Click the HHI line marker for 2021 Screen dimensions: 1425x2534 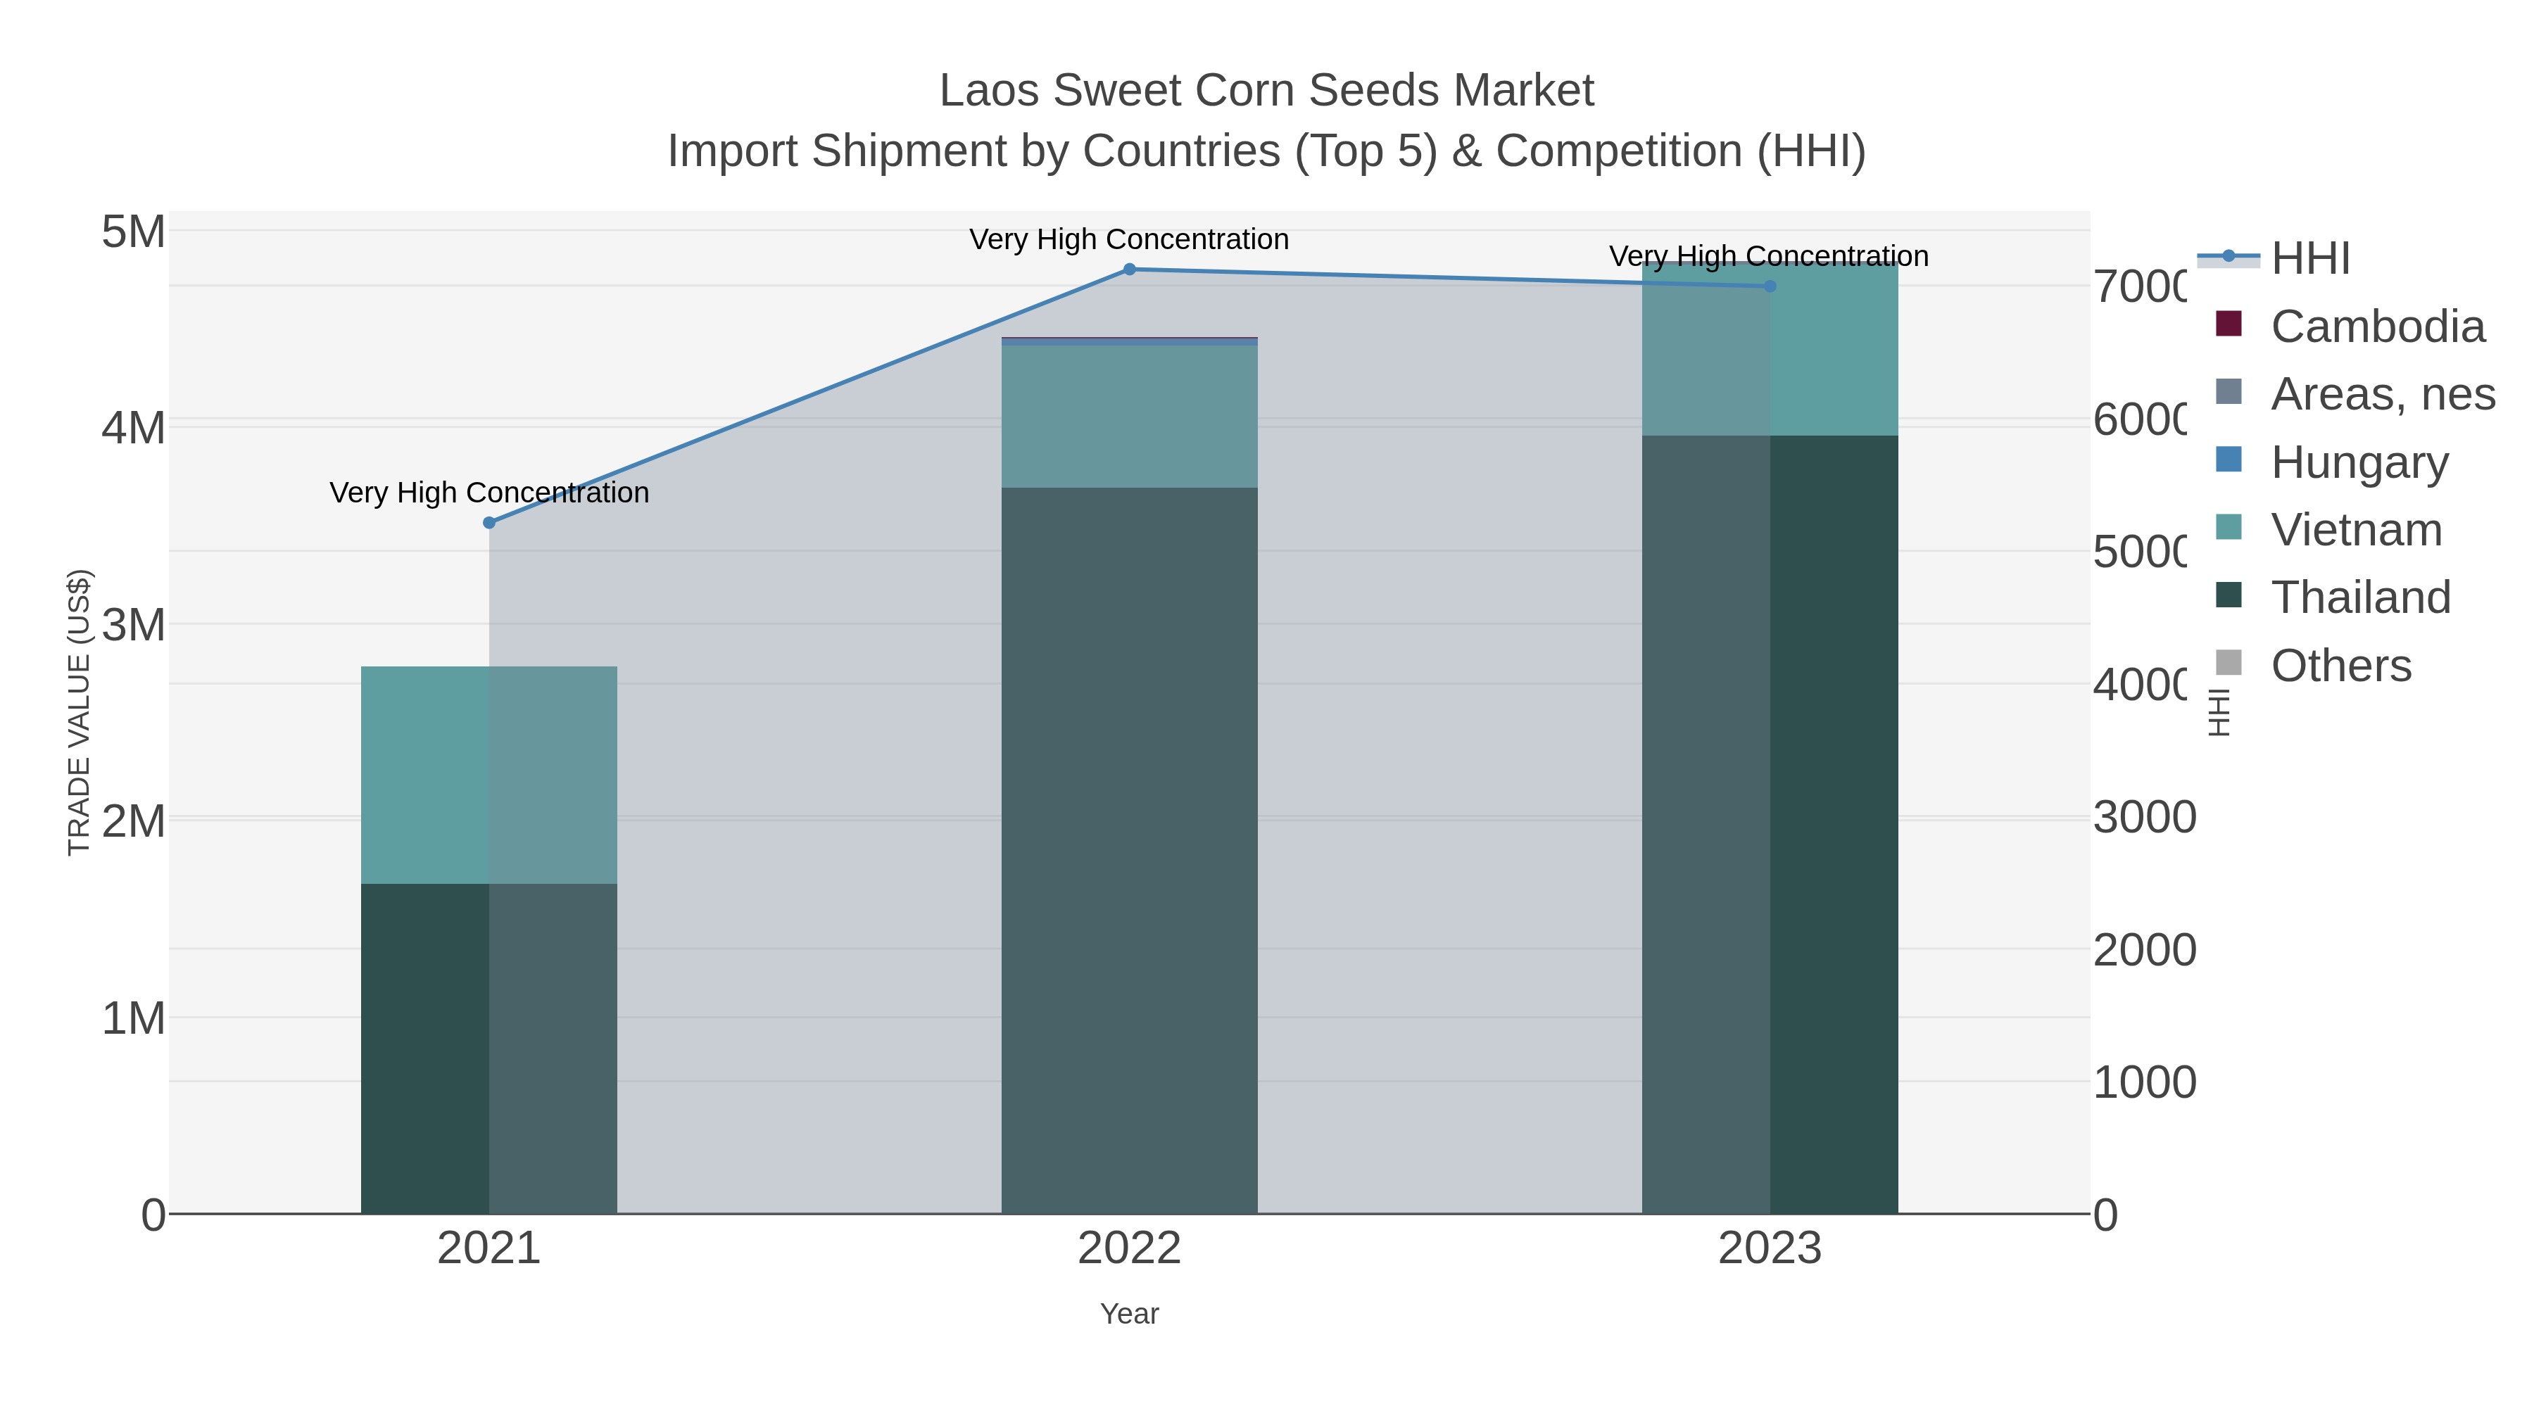tap(489, 522)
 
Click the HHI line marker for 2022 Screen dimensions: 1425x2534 tap(1129, 270)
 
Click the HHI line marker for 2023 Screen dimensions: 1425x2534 tap(1770, 286)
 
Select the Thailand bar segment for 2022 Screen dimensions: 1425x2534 tap(1129, 851)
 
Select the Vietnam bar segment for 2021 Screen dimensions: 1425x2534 tap(489, 775)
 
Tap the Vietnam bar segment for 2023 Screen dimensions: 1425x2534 tap(1770, 349)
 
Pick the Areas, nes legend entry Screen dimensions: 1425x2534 tap(2381, 394)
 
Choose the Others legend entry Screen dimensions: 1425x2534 tap(2340, 666)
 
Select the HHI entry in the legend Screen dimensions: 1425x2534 tap(2309, 259)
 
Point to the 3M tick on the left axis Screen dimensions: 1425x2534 tap(134, 624)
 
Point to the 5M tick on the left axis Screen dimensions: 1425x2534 tap(134, 232)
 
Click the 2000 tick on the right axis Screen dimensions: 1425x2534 tap(2145, 950)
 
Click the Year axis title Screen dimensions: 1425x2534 tap(1129, 1314)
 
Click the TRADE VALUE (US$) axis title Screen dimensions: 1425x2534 tap(79, 712)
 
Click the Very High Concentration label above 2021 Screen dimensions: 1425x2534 tap(489, 493)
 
